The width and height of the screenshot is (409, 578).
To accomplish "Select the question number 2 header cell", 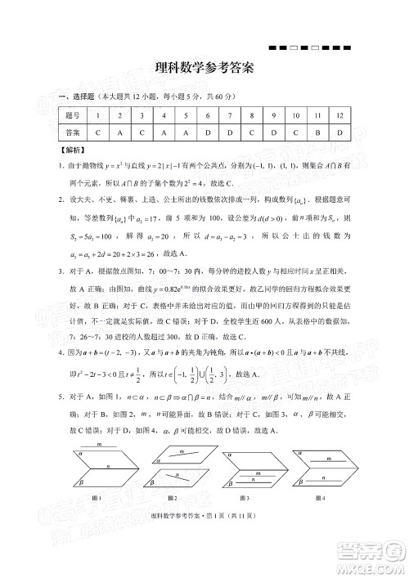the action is (x=119, y=116).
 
